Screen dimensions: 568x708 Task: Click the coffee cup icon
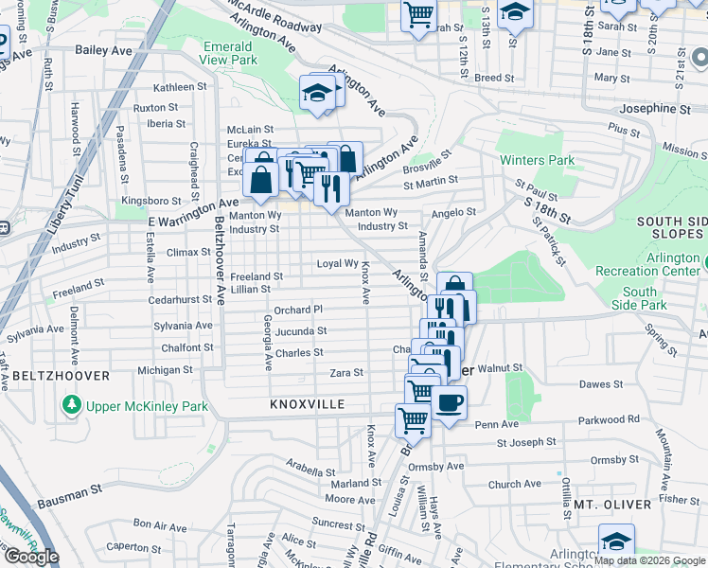click(x=450, y=401)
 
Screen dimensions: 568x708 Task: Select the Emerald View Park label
click(x=228, y=53)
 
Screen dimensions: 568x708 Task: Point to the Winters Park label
click(x=537, y=160)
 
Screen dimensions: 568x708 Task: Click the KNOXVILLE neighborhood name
click(x=304, y=404)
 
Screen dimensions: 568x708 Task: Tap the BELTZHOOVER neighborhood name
click(x=61, y=376)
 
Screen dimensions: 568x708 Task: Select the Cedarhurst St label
click(x=181, y=299)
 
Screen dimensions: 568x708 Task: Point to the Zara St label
click(x=345, y=373)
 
